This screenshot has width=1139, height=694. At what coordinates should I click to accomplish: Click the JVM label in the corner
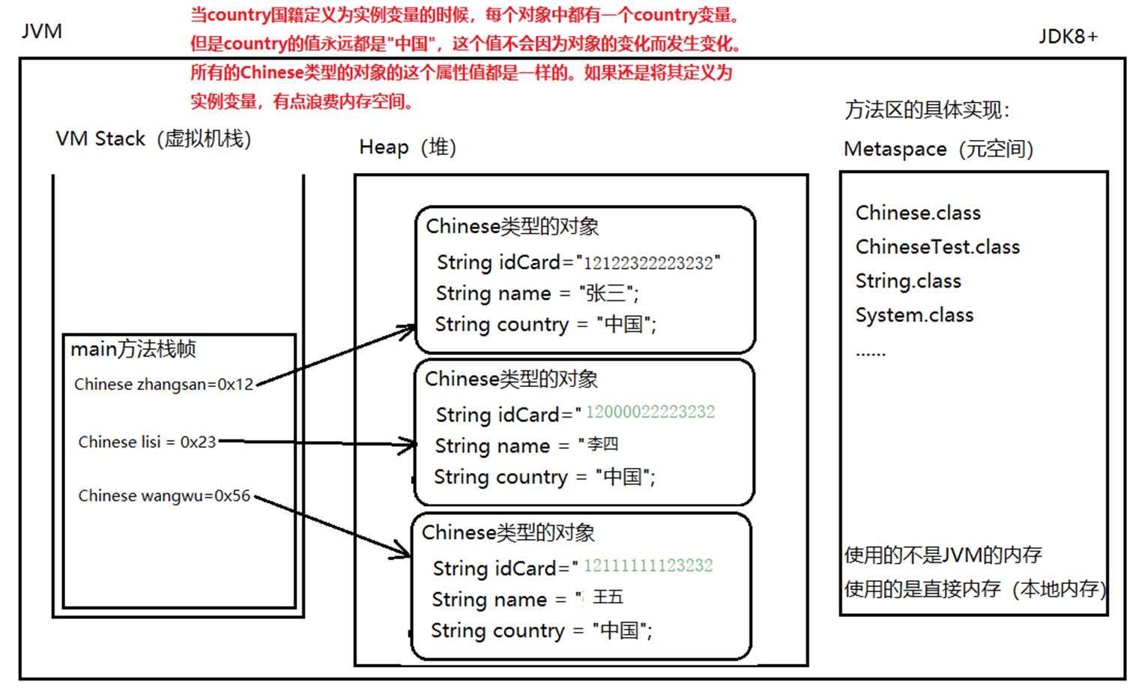coord(42,31)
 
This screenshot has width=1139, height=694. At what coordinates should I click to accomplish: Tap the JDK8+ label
coord(1068,37)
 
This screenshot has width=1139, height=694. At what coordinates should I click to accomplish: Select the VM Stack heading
coord(153,139)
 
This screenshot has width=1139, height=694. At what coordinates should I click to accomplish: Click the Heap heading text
coord(407,147)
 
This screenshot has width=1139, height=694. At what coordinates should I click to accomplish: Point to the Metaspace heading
coord(938,149)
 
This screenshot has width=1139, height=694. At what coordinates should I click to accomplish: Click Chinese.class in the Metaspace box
coord(918,213)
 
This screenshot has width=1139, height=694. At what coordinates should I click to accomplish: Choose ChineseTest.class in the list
coord(937,247)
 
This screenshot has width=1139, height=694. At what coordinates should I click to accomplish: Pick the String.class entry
coord(908,281)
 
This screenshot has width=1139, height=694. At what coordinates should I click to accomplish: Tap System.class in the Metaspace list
coord(914,315)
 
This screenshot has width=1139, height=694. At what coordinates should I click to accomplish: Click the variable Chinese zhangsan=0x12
coord(163,385)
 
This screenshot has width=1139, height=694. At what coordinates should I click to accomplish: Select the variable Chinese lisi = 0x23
coord(147,442)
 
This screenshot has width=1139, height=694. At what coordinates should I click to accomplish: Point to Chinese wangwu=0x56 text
coord(164,496)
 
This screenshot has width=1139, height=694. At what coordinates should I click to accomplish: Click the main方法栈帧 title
coord(133,350)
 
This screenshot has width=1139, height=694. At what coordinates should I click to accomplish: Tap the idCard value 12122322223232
coord(648,264)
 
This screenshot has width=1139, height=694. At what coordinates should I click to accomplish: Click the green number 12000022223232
coord(650,413)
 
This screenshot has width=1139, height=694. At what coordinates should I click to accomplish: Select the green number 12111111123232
coord(648,566)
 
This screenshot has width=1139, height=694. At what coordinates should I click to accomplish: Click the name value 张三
coord(606,293)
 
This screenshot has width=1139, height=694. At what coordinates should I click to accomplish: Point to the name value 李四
coord(602,445)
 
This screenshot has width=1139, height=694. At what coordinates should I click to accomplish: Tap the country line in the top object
coord(546,325)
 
